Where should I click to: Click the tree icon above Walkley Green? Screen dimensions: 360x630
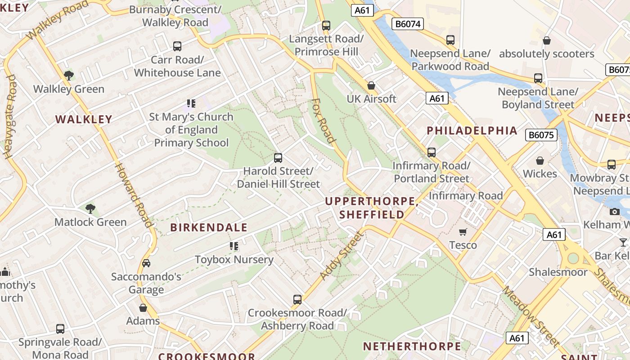[x=68, y=75]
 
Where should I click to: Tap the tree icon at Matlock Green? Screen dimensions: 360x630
[x=90, y=208]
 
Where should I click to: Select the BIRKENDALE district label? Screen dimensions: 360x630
[x=209, y=227]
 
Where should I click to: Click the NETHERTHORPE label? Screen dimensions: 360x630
[x=412, y=346]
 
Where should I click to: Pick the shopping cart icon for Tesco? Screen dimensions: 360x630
[x=463, y=232]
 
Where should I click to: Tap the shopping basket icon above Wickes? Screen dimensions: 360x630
[x=540, y=161]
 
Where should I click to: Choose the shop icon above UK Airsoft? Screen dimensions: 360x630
[x=371, y=85]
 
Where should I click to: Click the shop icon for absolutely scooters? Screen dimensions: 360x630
[x=547, y=40]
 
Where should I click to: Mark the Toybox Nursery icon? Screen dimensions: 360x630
[x=234, y=246]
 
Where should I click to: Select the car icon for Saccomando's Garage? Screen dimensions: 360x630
[x=146, y=263]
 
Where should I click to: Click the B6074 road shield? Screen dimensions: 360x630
[x=408, y=24]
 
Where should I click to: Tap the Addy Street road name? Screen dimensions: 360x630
[x=341, y=255]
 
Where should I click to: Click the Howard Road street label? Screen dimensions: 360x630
[x=134, y=194]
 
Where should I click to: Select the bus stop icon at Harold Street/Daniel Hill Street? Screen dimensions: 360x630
[x=278, y=158]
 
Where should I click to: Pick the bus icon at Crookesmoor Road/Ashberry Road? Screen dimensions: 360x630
[x=297, y=299]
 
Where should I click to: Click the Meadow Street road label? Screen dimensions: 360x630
[x=531, y=315]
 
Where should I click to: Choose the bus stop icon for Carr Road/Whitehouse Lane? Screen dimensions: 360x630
[x=177, y=46]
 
